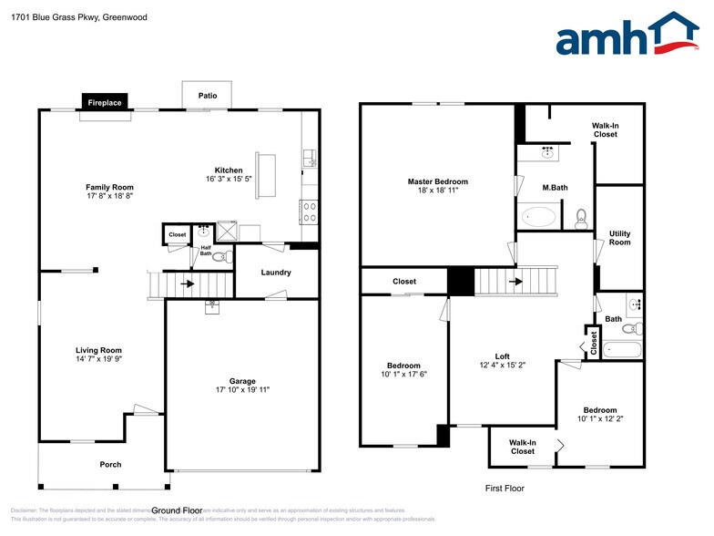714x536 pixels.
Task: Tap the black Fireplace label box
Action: (x=105, y=103)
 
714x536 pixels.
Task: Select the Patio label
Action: (x=208, y=95)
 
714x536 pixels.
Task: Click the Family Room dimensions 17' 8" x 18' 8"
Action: (x=110, y=196)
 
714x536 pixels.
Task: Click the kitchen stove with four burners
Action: (x=310, y=211)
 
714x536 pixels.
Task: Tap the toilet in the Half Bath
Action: (x=219, y=257)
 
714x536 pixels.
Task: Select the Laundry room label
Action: (x=276, y=273)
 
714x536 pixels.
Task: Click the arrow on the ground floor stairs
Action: (x=188, y=283)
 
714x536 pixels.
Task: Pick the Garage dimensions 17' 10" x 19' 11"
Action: (x=242, y=390)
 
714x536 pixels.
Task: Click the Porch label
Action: (x=110, y=465)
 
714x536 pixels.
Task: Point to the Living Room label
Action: (x=98, y=350)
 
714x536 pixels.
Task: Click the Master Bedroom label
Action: (x=437, y=181)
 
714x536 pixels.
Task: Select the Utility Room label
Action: (x=619, y=238)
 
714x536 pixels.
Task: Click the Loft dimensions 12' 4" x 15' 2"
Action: (x=502, y=365)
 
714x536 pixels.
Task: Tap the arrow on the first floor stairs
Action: (x=515, y=282)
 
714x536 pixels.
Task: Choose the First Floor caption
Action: (x=505, y=489)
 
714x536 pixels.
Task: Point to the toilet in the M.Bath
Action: (x=580, y=219)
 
